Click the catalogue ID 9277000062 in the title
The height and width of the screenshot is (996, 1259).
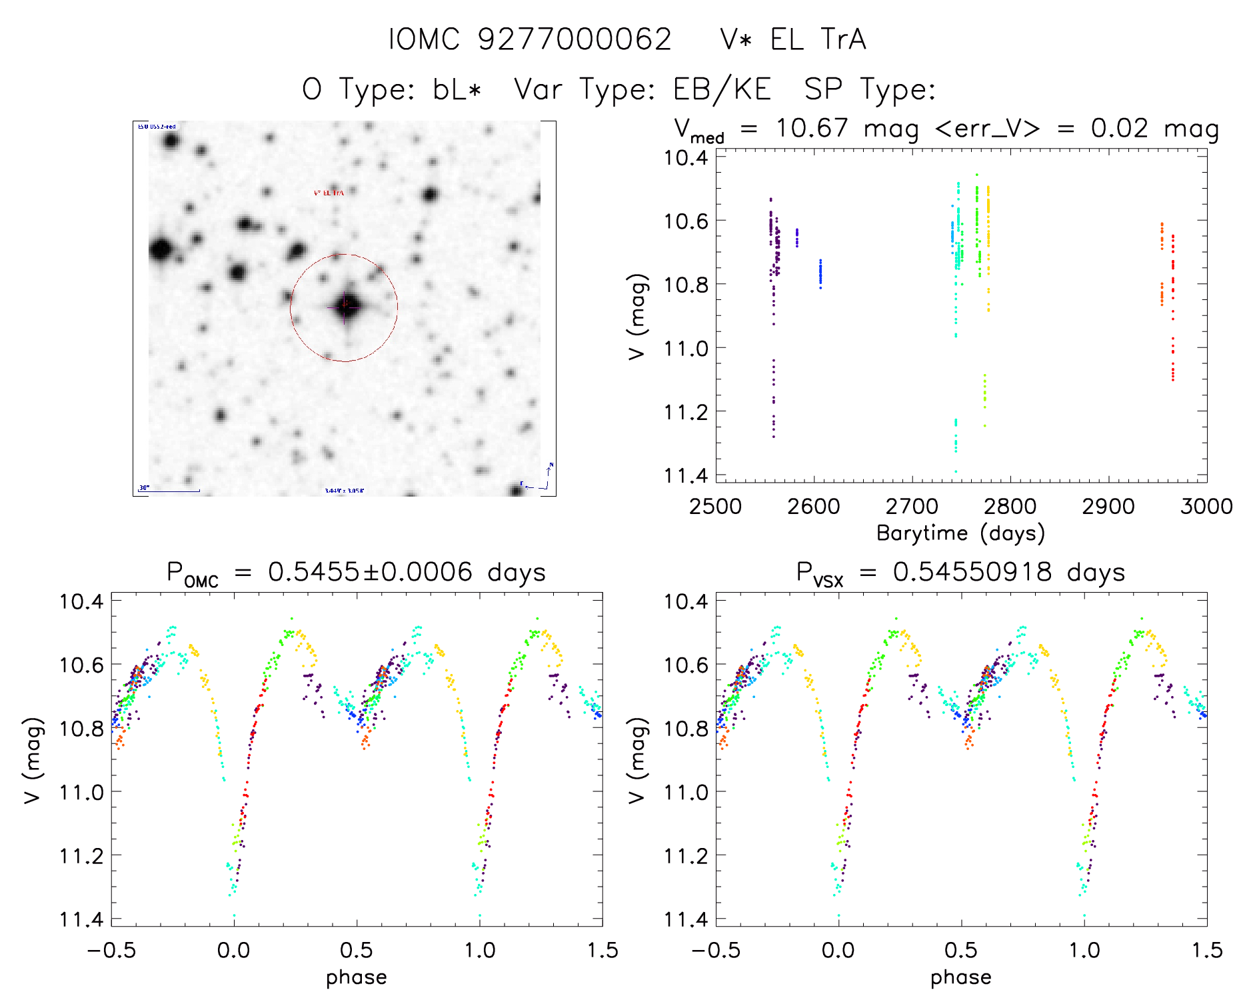[575, 39]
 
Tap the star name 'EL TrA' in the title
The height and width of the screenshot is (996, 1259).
[818, 39]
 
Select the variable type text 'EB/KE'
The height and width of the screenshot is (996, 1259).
[722, 89]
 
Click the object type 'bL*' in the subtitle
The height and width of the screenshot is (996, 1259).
[457, 89]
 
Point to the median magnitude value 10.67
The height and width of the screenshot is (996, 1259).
[811, 128]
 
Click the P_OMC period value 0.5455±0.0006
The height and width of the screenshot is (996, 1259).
[370, 572]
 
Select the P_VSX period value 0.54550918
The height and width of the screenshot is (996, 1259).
[972, 572]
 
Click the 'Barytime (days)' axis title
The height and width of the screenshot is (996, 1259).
[960, 533]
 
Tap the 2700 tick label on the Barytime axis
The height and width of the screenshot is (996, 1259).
[912, 507]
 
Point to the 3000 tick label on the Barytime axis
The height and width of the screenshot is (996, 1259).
[1206, 507]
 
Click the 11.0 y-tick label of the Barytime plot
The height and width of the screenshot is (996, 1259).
[685, 348]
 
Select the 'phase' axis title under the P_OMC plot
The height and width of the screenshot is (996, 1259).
[357, 977]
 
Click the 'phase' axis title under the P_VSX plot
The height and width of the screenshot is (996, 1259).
[960, 977]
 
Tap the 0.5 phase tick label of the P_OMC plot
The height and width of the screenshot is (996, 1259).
[357, 950]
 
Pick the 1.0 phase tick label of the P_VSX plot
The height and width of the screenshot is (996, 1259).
[1084, 950]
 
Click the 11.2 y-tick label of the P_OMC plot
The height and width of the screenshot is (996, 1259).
[81, 855]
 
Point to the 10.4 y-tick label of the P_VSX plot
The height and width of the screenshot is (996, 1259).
[685, 601]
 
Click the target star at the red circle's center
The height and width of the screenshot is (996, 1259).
[345, 307]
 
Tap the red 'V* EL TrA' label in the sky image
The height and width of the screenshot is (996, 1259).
[329, 193]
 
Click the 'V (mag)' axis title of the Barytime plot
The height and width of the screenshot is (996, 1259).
[637, 316]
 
